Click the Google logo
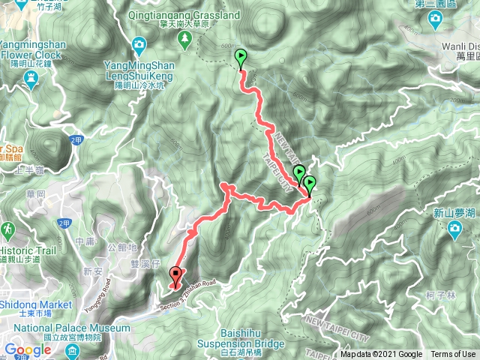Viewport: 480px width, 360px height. click(27, 350)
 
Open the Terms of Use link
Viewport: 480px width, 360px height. click(453, 355)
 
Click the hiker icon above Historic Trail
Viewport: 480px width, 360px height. click(7, 227)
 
